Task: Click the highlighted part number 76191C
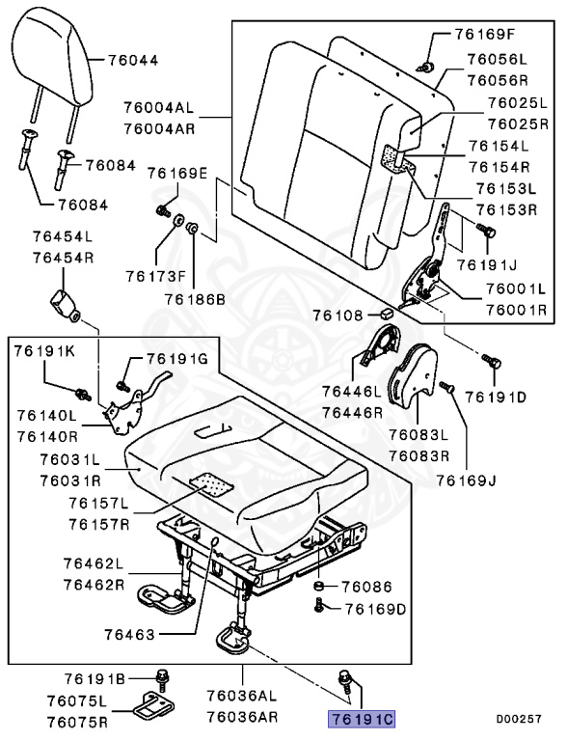[362, 720]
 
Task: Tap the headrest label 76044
[130, 60]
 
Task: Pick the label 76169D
[375, 609]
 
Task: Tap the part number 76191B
[95, 678]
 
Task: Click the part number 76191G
[177, 358]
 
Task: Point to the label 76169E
[177, 173]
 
